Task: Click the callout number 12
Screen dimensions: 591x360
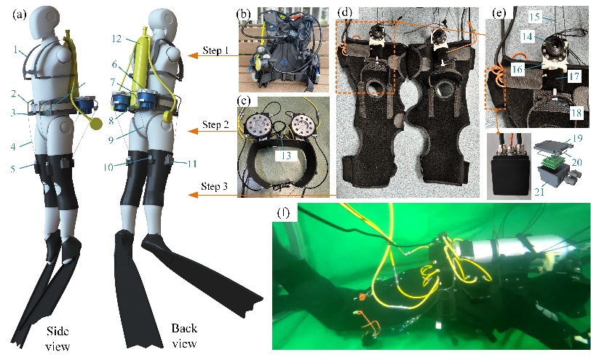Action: (117, 39)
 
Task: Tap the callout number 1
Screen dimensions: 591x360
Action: (15, 49)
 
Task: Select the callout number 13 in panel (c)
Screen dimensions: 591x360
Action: (287, 155)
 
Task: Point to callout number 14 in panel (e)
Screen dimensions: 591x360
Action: (527, 36)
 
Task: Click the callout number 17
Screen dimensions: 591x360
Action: (574, 76)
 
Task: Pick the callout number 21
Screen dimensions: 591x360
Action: (539, 192)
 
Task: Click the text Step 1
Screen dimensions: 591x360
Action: (215, 50)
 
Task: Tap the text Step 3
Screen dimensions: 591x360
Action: (214, 186)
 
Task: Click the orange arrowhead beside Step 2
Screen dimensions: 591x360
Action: (193, 131)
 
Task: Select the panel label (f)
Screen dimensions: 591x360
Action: (283, 213)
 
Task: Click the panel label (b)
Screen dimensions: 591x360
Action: (244, 15)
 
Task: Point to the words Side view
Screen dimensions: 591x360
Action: (57, 338)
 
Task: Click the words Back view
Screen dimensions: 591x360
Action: (184, 335)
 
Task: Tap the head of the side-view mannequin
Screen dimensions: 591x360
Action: (44, 22)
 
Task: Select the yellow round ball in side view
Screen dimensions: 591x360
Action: (96, 124)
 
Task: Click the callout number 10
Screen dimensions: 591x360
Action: (108, 167)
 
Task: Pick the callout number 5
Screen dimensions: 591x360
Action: (12, 169)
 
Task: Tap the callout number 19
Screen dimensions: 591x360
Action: (577, 138)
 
